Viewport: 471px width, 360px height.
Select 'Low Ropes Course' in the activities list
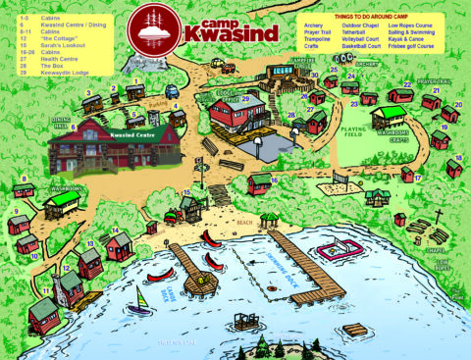tap(410, 24)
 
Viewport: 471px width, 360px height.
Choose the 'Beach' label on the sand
tap(244, 223)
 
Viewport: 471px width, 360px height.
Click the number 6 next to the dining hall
tap(73, 127)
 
